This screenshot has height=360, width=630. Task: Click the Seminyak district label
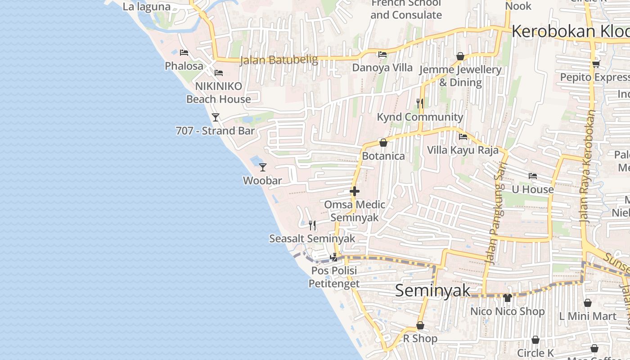(x=432, y=290)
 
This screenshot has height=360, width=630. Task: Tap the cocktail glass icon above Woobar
(x=263, y=167)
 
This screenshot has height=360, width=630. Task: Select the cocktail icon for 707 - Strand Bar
(x=216, y=117)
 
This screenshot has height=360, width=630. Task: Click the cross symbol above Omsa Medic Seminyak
(x=355, y=191)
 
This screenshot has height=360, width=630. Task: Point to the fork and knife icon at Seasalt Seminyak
(x=312, y=225)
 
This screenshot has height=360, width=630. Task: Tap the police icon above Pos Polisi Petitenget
(x=334, y=257)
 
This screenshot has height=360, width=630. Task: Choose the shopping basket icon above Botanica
(x=383, y=143)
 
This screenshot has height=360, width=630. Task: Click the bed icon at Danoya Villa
(x=382, y=54)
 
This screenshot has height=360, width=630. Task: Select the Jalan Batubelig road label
(x=279, y=60)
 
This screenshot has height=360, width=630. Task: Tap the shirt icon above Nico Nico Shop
(x=508, y=297)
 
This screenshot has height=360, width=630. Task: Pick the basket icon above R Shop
(x=420, y=325)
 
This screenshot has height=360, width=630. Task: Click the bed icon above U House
(x=533, y=176)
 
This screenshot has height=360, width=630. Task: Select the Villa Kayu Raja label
(x=463, y=150)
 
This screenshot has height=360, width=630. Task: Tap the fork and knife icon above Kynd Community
(x=420, y=103)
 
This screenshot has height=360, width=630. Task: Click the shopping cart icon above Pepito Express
(x=596, y=64)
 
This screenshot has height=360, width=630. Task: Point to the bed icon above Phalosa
(x=184, y=53)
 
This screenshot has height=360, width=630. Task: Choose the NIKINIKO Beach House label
(x=219, y=92)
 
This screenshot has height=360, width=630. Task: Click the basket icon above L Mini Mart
(x=588, y=303)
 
